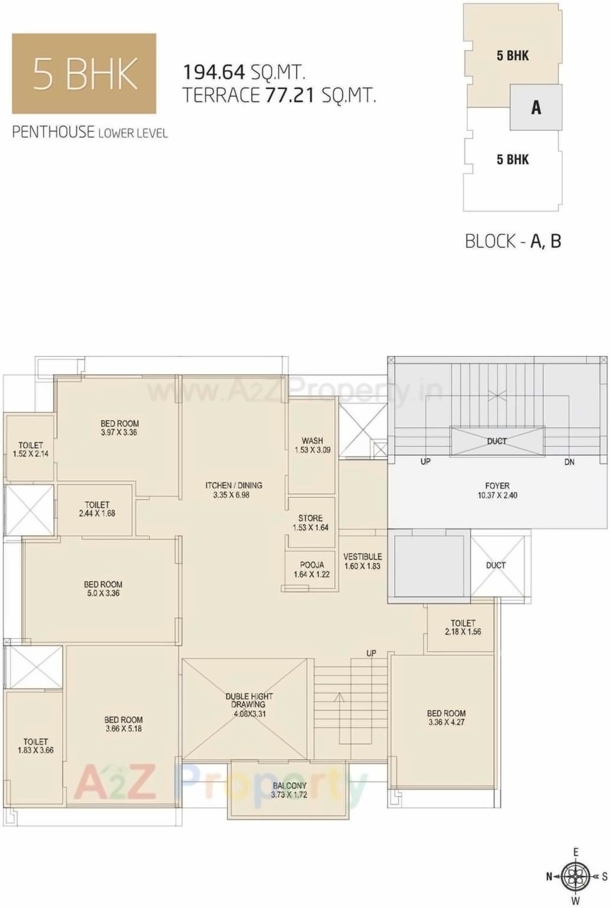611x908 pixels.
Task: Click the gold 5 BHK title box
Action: coord(84,73)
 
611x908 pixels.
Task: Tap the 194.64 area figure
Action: coord(213,72)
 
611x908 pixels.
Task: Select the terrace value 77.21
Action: coord(290,95)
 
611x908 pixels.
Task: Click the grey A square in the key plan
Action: coord(536,107)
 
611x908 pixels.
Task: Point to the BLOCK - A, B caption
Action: coord(513,241)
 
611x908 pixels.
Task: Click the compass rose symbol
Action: coord(576,876)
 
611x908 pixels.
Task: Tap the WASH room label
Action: coord(313,445)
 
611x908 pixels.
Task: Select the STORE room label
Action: coord(310,522)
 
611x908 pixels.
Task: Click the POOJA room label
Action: coord(311,569)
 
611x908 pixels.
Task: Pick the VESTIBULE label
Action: coord(362,561)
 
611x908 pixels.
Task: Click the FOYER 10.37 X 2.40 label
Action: coord(497,491)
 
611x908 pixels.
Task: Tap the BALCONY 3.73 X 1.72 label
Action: coord(289,790)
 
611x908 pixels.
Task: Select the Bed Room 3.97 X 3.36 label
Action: coord(119,428)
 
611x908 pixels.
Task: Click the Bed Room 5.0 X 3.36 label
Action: coord(103,589)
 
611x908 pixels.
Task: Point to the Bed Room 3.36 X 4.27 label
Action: coord(446,717)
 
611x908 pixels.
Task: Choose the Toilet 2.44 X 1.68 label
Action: coord(97,509)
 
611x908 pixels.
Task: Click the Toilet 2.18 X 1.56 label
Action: coord(463,627)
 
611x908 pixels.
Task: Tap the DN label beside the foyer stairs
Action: coord(569,462)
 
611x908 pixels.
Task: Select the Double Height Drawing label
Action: coord(249,705)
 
